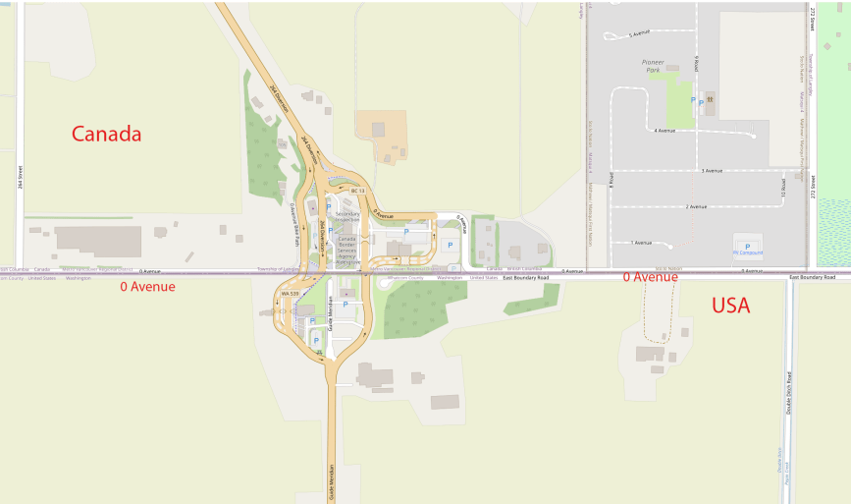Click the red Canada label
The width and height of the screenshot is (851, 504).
point(107,134)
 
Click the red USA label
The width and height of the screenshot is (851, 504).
point(730,306)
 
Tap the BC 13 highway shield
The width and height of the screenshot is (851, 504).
point(357,191)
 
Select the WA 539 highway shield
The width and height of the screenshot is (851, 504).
point(290,293)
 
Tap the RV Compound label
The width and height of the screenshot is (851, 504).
point(748,253)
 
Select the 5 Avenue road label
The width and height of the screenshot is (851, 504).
point(639,33)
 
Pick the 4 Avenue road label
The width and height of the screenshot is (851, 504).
point(665,130)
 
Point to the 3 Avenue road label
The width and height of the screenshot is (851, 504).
point(712,171)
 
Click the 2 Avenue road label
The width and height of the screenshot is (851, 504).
point(696,206)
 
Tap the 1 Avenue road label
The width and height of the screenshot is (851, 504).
point(641,242)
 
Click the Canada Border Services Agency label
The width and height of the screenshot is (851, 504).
point(348,250)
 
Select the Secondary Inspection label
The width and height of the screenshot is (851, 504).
point(347,215)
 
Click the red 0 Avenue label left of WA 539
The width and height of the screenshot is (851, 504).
point(147,287)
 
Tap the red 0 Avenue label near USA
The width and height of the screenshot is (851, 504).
point(650,277)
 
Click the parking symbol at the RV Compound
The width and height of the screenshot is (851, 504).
point(747,246)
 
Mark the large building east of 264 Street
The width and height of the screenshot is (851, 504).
point(98,240)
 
